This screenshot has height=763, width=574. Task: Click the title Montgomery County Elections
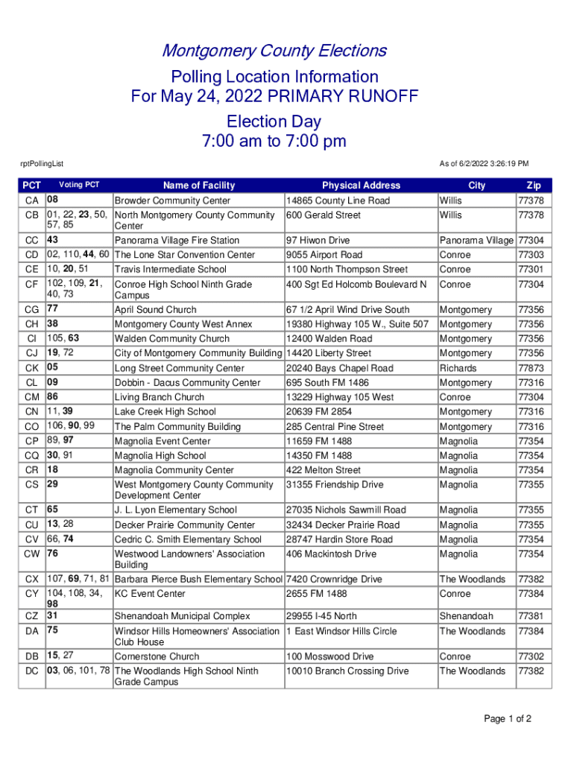[274, 51]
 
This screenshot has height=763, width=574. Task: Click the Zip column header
[534, 186]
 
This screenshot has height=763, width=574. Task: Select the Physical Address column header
[361, 186]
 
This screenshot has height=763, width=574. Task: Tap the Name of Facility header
[199, 186]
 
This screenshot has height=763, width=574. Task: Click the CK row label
[32, 368]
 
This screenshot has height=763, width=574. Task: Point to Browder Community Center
[172, 200]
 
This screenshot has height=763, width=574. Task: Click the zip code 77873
[531, 368]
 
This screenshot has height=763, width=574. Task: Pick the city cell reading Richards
[458, 368]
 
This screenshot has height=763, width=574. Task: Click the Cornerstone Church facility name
[157, 656]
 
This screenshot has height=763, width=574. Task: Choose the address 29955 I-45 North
[321, 616]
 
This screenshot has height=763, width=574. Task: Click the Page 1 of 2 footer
[508, 719]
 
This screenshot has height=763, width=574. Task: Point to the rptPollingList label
[42, 163]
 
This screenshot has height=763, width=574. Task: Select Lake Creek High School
[165, 411]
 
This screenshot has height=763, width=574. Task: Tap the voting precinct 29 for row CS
[53, 484]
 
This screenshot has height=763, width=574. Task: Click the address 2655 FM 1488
[317, 594]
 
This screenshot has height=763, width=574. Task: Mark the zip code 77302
[531, 656]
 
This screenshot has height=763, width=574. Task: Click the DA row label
[32, 631]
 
